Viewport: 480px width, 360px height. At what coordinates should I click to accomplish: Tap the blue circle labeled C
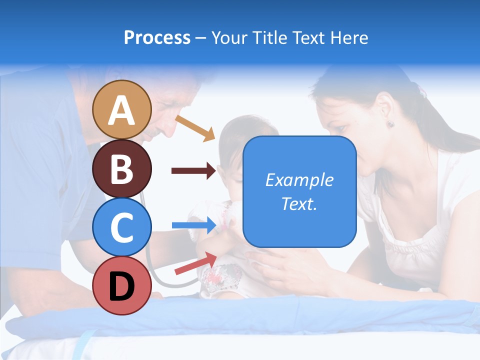(x=122, y=227)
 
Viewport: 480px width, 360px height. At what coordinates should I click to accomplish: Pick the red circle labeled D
(x=122, y=285)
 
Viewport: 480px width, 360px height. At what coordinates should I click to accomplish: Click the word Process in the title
(x=157, y=37)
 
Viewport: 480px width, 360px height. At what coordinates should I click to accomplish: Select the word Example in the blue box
(x=299, y=180)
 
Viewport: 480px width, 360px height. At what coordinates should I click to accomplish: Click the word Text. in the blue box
(x=299, y=203)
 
